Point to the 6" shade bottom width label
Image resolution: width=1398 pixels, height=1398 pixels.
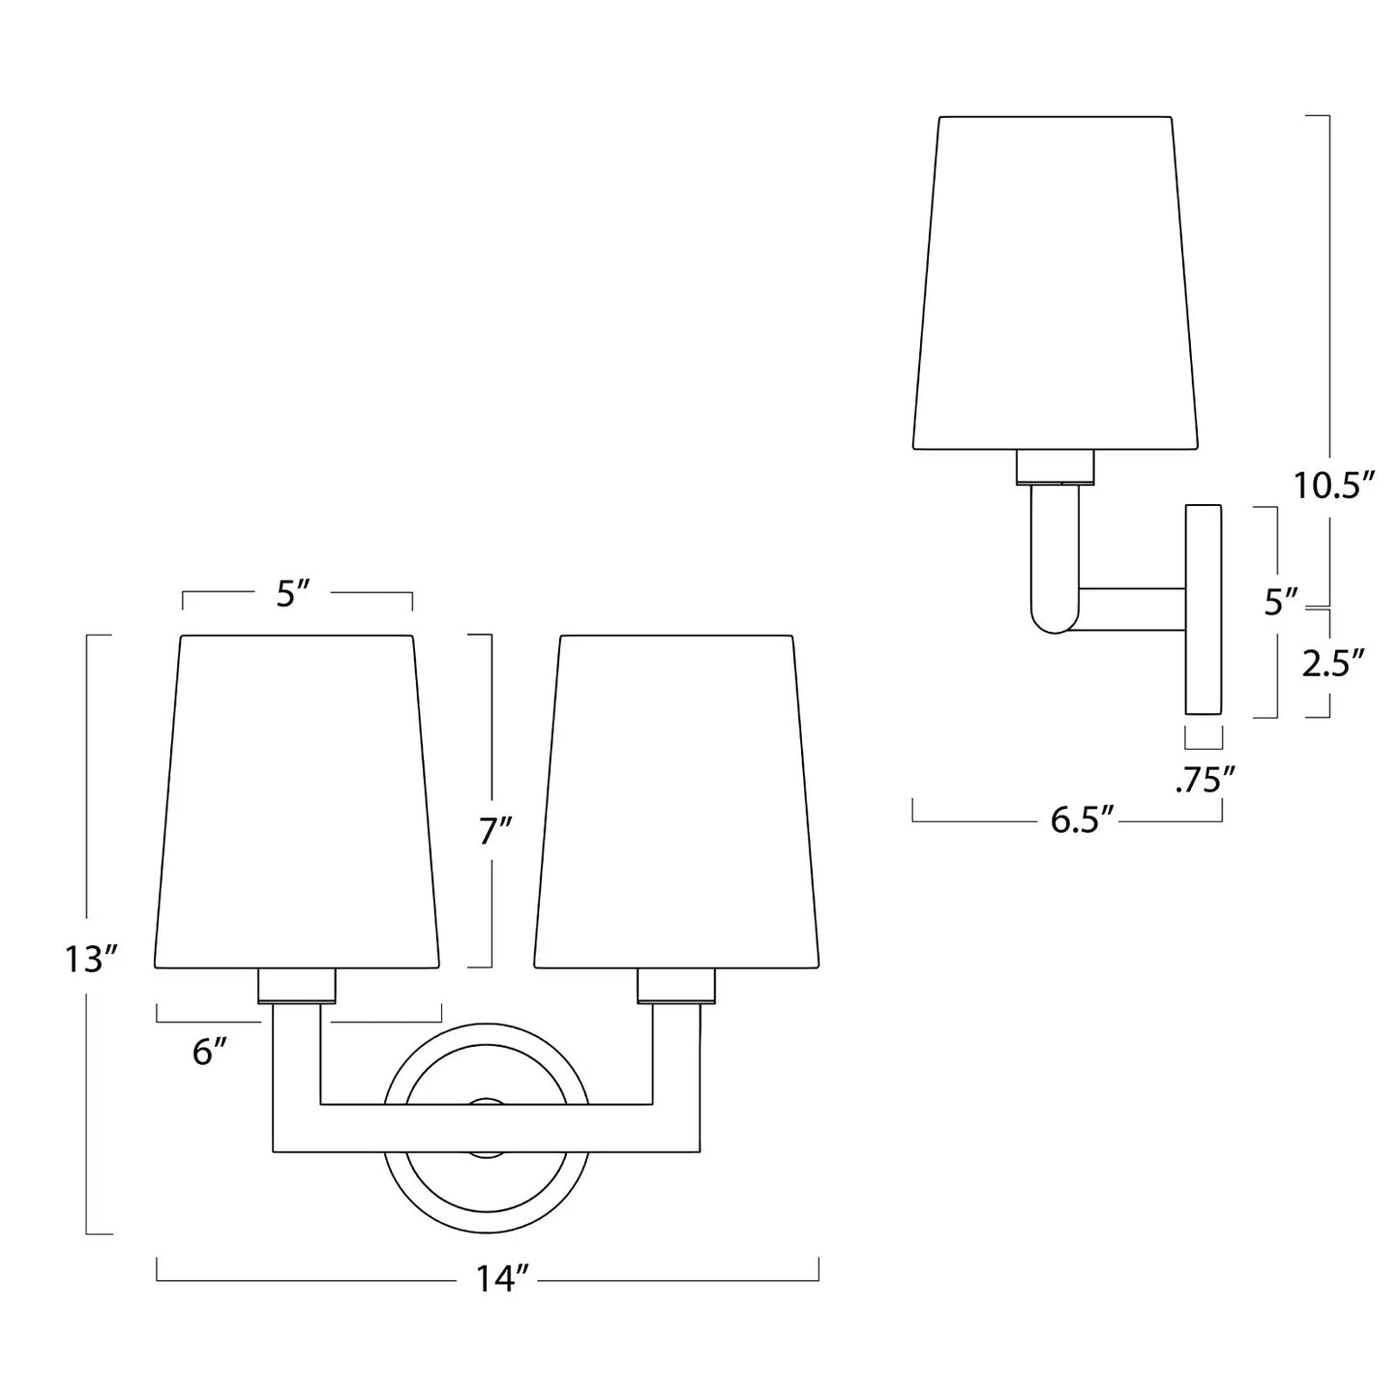pos(210,1053)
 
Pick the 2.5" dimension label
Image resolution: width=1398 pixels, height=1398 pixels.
pos(1334,665)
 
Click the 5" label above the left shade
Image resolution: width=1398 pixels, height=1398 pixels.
pos(293,595)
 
